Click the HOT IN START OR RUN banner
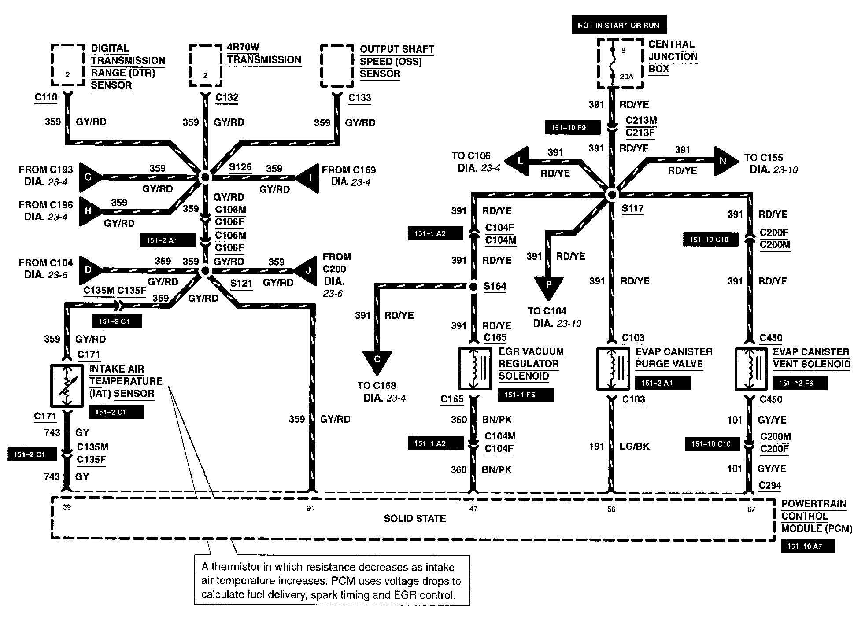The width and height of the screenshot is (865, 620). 618,25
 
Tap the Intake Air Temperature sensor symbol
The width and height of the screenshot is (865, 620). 67,385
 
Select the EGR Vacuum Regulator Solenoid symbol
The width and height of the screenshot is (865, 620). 475,369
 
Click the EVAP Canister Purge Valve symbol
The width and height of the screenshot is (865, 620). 613,369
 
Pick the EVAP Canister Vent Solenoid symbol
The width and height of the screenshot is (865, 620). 751,369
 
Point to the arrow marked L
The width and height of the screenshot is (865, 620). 518,161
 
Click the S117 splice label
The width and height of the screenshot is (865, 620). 632,209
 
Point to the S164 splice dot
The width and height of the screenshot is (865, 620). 473,287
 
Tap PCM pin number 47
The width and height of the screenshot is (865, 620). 473,509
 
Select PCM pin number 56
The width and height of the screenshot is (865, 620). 611,509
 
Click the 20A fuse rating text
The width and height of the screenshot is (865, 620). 626,77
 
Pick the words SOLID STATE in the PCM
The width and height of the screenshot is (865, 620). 414,519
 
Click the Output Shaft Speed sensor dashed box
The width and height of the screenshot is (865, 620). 337,66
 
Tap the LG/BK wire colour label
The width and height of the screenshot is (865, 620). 635,447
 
